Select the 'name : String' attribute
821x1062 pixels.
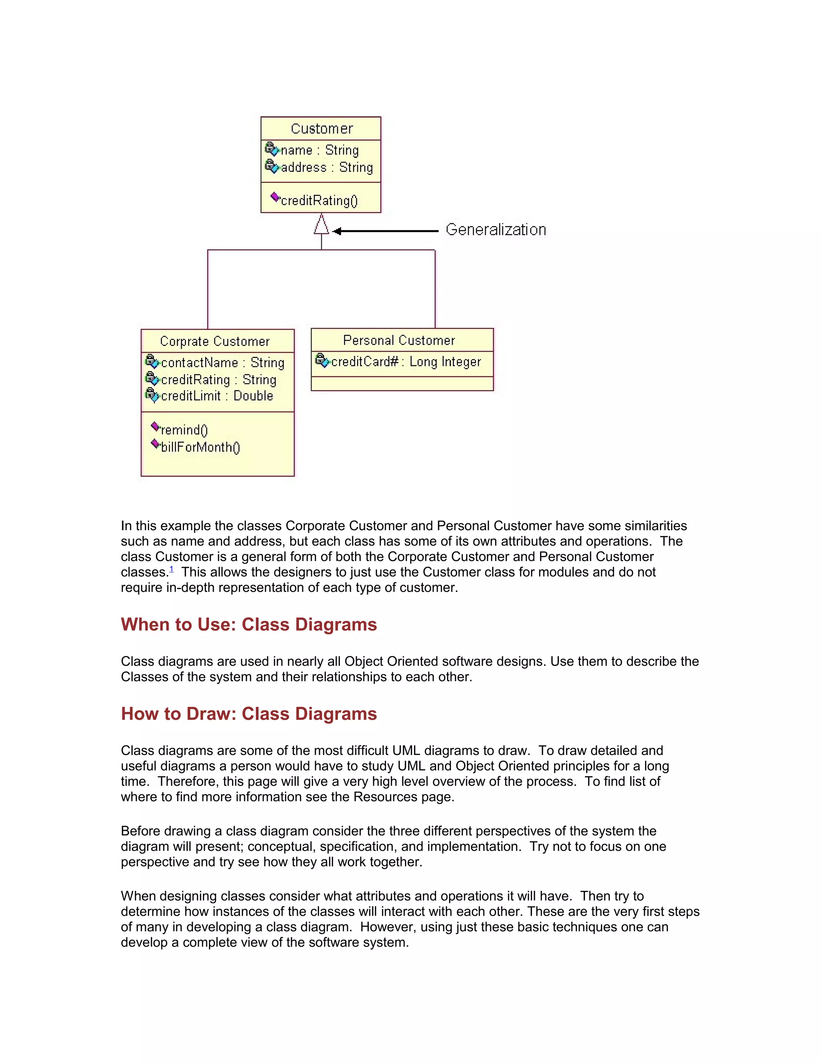tap(319, 150)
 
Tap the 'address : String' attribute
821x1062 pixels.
tap(326, 167)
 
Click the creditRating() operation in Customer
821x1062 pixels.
tap(319, 200)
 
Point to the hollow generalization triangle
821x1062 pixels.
tap(321, 226)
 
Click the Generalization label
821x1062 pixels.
tap(495, 230)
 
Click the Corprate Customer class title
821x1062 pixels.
tap(214, 341)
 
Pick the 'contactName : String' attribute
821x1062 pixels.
tap(222, 363)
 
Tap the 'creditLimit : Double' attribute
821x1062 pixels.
tap(216, 396)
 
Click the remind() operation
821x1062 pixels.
tap(184, 430)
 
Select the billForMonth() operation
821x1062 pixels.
tap(200, 447)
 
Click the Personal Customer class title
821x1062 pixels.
tap(399, 340)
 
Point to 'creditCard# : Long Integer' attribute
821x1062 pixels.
tap(406, 362)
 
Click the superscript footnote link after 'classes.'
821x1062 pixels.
tap(171, 569)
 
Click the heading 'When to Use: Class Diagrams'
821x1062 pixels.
tap(249, 624)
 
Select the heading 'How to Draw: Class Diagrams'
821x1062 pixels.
tap(249, 714)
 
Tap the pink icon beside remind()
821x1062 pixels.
tap(155, 426)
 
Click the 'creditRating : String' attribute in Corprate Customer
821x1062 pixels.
tap(218, 380)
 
